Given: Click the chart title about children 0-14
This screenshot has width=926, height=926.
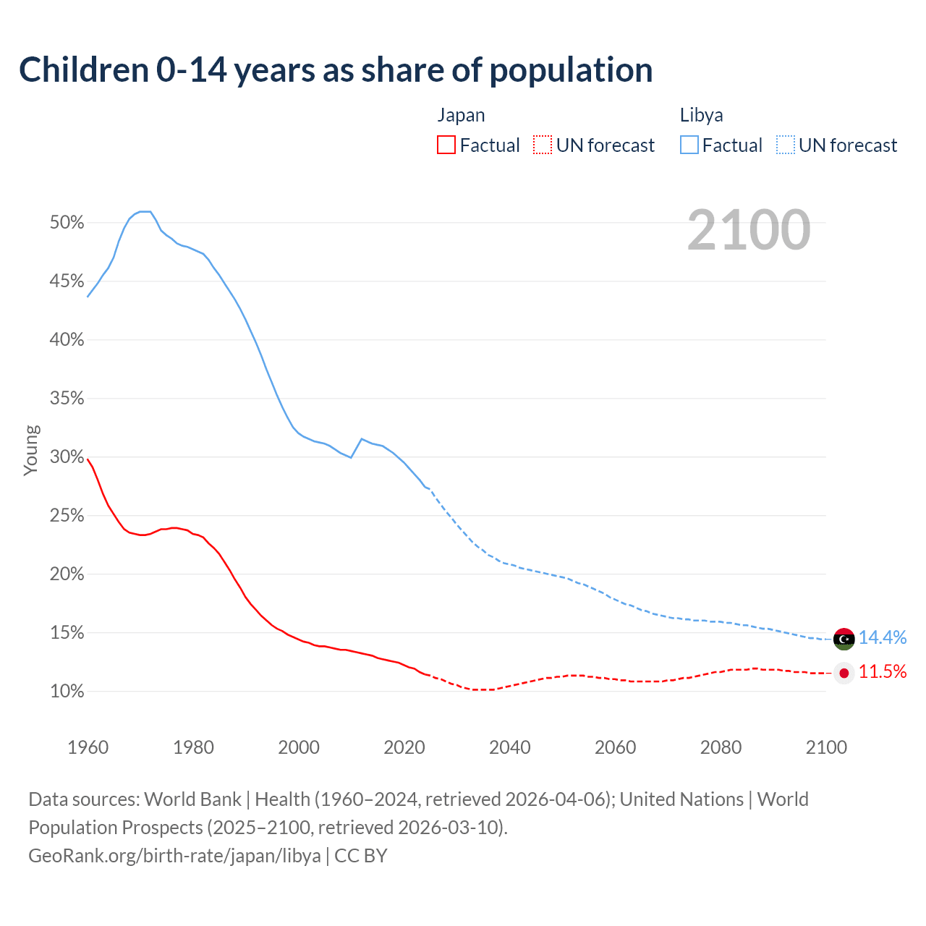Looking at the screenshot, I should coord(336,70).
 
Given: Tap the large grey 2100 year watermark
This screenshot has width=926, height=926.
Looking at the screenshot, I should coord(748,230).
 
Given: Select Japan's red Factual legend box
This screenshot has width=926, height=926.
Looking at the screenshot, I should coord(446,145).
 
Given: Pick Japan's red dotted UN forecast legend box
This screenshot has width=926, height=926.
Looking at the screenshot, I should coord(543,145).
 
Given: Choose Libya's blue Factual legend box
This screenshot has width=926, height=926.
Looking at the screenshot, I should coord(689,145).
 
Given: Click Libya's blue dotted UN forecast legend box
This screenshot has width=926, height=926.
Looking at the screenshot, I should coord(786,145).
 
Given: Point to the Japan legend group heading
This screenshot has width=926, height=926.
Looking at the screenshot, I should coord(461,115).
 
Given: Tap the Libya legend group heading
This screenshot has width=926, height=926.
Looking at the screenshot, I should coord(701,115).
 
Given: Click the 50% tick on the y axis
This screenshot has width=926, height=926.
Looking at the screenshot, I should coord(67,223).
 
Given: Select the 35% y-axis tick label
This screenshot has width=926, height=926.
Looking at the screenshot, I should coord(67,399).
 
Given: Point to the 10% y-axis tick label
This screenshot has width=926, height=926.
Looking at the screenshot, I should coord(67,692).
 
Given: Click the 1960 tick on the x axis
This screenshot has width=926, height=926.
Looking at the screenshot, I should coord(88,747).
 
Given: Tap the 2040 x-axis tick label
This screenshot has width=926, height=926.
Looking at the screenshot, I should coord(510,747).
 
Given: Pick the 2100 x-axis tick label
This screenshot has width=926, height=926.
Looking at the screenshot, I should coord(826,747).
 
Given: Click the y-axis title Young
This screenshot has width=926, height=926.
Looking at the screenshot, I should coord(31,450).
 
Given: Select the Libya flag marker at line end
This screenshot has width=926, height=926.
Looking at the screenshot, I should coord(844,639).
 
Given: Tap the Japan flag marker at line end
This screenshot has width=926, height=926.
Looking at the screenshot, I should coord(844,673).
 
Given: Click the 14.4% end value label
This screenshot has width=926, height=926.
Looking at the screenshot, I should coord(883,637).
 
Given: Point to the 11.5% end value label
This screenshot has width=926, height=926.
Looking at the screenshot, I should coord(883,672).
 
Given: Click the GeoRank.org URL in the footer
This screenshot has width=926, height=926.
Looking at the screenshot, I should coord(174,856).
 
